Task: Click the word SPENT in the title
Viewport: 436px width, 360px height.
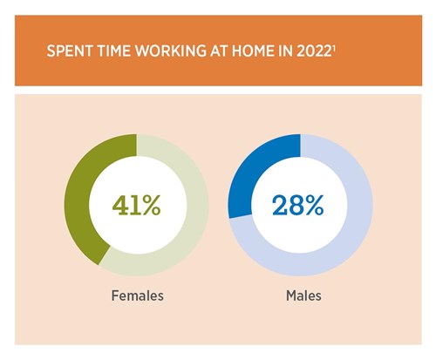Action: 67,52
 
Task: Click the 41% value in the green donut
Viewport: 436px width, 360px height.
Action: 137,206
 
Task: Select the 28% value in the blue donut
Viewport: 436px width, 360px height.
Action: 298,206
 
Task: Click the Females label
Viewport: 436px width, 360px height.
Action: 137,295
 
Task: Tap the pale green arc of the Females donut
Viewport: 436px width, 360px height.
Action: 197,209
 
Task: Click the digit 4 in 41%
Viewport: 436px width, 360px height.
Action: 121,206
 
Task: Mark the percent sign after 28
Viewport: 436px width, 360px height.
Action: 314,206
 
